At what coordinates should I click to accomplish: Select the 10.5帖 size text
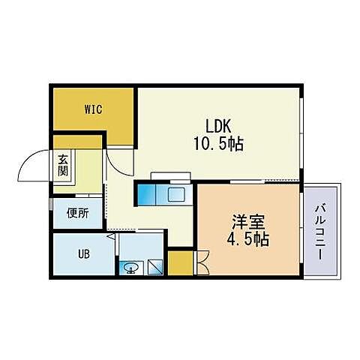click(220, 143)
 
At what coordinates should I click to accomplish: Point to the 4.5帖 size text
click(247, 241)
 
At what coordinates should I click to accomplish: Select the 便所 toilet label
click(77, 213)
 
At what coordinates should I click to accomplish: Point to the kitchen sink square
click(177, 196)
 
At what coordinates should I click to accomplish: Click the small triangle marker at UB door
click(112, 237)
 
